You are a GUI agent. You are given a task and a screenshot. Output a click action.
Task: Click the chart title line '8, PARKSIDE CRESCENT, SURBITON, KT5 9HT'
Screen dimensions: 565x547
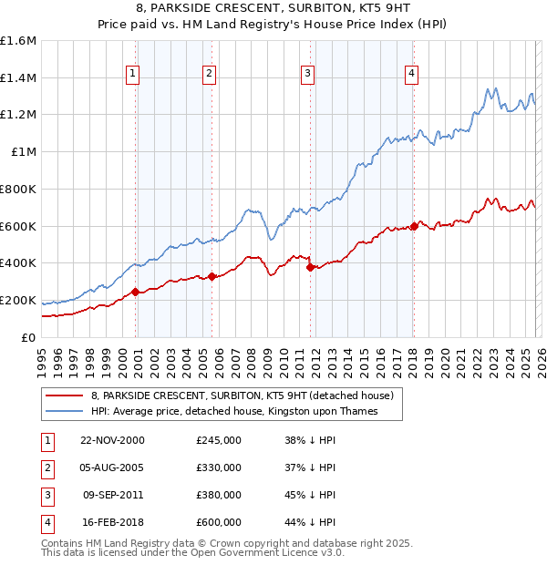(x=273, y=7)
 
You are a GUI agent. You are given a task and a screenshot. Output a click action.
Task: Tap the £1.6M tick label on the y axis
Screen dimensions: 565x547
(x=18, y=41)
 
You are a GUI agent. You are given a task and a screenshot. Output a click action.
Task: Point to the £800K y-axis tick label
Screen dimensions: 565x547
(x=18, y=189)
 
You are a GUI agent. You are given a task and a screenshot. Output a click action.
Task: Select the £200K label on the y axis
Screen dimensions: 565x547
(x=18, y=300)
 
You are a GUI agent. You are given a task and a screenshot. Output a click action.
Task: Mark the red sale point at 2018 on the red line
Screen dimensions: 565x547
(x=414, y=226)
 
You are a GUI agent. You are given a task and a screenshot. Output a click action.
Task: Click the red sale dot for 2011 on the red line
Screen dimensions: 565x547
(x=311, y=267)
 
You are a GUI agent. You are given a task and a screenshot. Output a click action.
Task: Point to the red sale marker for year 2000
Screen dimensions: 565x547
(x=136, y=292)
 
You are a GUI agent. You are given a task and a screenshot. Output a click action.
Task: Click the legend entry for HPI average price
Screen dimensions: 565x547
(x=234, y=412)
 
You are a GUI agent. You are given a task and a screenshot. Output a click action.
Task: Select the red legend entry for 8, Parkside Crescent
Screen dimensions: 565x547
(x=242, y=395)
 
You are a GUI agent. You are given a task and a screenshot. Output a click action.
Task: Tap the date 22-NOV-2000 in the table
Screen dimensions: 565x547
(x=111, y=440)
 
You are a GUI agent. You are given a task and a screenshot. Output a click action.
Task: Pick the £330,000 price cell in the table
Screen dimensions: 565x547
(x=219, y=467)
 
